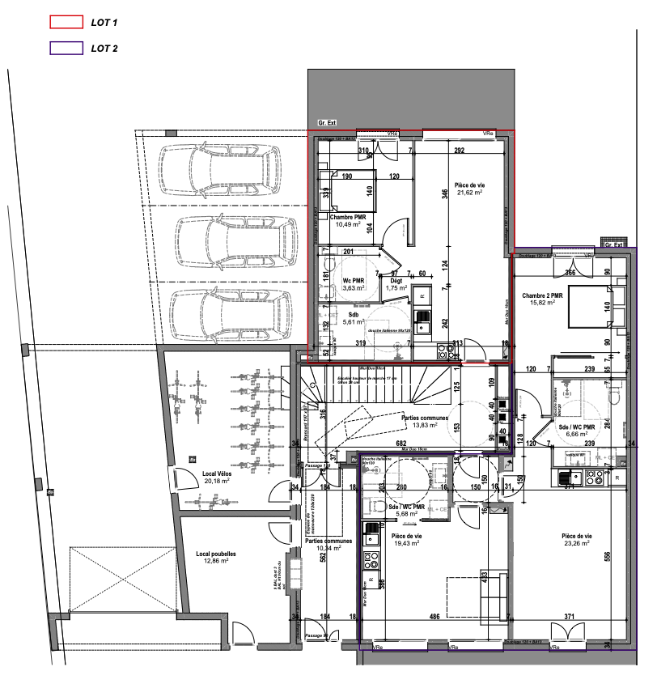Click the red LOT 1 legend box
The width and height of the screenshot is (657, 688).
(x=66, y=22)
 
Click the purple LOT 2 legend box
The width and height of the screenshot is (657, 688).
(x=66, y=49)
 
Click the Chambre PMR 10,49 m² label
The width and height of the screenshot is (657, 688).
(x=348, y=220)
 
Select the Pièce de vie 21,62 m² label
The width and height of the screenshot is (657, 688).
(x=470, y=189)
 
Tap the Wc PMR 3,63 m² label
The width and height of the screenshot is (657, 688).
(x=353, y=283)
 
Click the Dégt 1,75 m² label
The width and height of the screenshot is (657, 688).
(x=396, y=283)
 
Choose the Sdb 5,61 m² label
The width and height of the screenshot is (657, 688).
(x=353, y=317)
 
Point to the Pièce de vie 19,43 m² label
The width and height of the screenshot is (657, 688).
(x=407, y=540)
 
